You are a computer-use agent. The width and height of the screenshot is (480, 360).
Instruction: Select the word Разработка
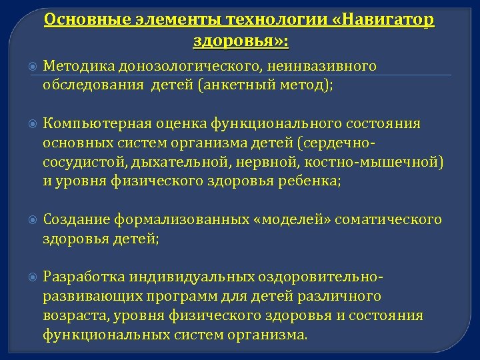pos(83,277)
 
